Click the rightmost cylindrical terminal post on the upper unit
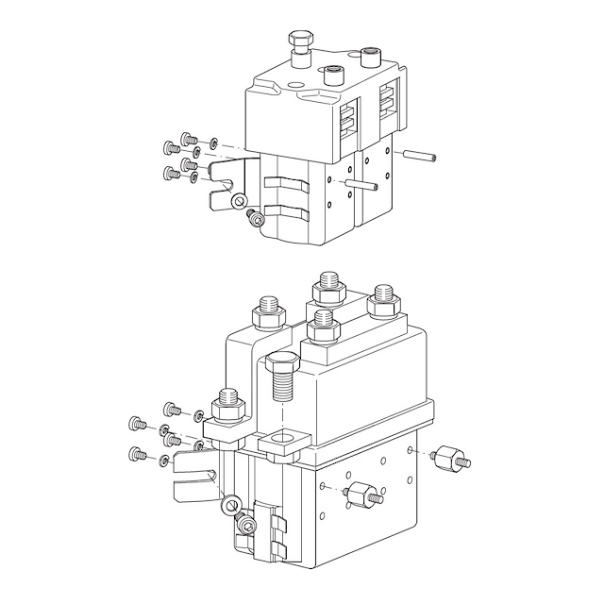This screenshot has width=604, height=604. point(369,61)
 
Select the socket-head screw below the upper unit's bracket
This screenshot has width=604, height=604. point(254,218)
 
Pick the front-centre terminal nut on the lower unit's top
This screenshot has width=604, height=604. point(324,327)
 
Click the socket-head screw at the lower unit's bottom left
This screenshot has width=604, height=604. point(247,525)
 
